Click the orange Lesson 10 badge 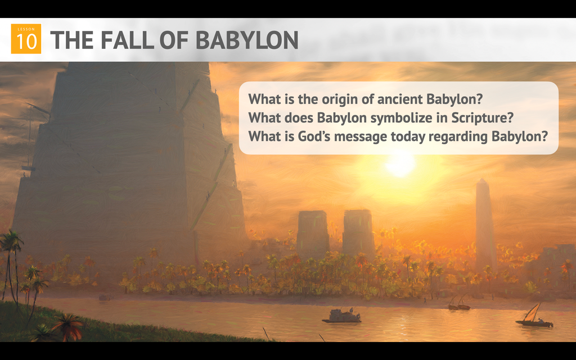click(x=26, y=39)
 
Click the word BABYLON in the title click(x=247, y=40)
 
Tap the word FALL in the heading click(x=127, y=40)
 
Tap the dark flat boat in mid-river click(x=341, y=317)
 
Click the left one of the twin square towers click(x=313, y=233)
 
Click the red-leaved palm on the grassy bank click(x=68, y=326)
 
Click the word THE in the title click(x=71, y=40)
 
